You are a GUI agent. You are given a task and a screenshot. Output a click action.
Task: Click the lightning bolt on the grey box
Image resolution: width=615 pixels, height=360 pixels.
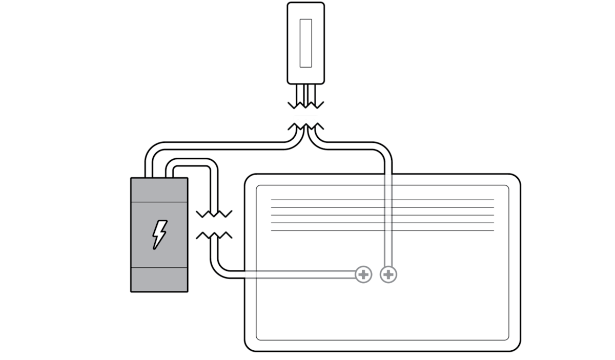159,235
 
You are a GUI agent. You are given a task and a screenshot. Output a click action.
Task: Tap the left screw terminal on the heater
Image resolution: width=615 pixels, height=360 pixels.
363,274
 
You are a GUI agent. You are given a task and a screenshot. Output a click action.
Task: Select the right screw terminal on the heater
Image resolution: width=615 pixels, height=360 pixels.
388,274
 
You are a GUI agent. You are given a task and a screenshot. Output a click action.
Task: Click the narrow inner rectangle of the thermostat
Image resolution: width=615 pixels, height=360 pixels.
306,43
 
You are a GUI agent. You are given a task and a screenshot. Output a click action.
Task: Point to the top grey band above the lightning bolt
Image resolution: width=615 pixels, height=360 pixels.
159,190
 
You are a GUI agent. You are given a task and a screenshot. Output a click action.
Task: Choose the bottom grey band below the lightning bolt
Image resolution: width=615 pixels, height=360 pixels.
159,279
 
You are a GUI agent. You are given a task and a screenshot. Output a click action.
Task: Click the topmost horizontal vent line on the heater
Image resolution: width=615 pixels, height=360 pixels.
382,200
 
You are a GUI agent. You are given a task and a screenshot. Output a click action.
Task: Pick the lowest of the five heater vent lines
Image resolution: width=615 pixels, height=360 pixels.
382,230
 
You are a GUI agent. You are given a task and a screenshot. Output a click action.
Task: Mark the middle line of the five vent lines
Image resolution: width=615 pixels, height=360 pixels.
382,215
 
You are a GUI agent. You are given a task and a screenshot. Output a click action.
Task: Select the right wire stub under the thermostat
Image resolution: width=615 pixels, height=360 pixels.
311,93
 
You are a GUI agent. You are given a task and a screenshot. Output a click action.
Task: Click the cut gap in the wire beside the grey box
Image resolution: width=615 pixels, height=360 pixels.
214,224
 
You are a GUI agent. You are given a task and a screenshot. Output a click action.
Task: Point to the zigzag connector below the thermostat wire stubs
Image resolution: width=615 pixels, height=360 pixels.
305,120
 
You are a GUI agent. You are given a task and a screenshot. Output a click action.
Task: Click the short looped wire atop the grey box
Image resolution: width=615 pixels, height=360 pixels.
190,163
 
